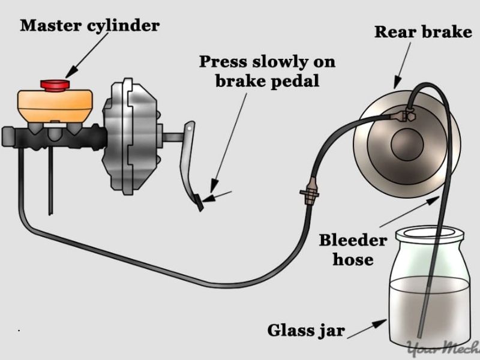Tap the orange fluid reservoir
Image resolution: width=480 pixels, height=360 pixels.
[55, 106]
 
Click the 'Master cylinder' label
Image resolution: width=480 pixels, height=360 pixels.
[90, 26]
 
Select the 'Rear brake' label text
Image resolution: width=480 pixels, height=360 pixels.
[423, 32]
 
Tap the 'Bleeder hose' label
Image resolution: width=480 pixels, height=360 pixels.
[353, 250]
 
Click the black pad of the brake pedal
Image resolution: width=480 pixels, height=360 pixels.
[200, 203]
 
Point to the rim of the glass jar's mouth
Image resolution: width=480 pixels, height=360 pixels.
[428, 232]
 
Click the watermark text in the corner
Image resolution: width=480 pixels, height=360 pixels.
[444, 349]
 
